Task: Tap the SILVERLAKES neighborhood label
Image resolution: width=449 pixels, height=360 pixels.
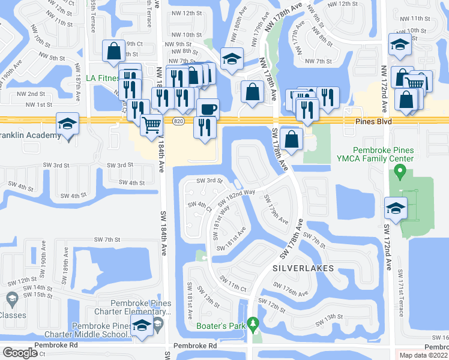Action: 303,268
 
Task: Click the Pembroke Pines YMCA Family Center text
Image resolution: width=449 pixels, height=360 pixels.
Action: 376,154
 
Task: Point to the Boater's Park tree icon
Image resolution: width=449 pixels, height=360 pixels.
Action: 253,325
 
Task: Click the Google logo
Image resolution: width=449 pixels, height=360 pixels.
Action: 20,353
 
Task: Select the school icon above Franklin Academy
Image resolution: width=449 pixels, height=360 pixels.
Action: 67,125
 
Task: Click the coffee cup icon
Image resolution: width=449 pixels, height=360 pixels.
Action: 208,109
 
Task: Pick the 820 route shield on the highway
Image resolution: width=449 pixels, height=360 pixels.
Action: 178,122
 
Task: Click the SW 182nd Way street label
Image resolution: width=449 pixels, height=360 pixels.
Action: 233,196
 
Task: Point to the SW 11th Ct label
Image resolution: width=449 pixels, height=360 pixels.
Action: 234,281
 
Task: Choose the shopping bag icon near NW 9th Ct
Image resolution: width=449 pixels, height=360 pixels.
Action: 113,52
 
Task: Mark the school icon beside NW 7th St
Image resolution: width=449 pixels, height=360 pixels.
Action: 231,59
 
